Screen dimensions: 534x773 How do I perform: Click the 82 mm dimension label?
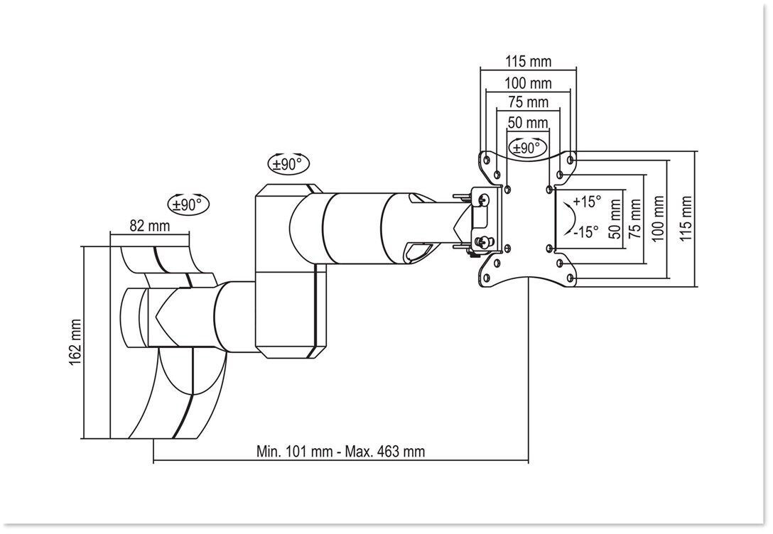[x=150, y=226]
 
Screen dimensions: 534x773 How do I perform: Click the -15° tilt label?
[x=586, y=231]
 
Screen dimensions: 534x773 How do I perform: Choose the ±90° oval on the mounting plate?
[x=526, y=148]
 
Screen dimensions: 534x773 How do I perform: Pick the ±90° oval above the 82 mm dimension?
[x=189, y=205]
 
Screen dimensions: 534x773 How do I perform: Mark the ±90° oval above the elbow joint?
[x=288, y=163]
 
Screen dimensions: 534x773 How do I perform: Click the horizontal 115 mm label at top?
[x=528, y=62]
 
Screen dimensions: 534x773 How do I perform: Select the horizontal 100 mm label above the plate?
[x=528, y=83]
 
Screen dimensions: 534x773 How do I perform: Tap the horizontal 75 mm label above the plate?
[x=528, y=103]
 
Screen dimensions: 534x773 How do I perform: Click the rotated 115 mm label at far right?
[x=685, y=218]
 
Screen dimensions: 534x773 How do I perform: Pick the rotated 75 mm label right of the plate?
[x=635, y=218]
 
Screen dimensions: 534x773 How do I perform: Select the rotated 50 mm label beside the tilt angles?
[x=615, y=218]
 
